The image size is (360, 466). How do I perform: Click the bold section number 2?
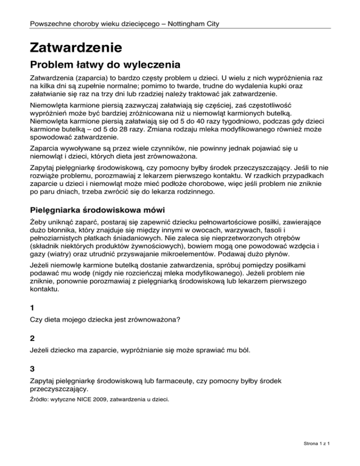click(32, 348)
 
